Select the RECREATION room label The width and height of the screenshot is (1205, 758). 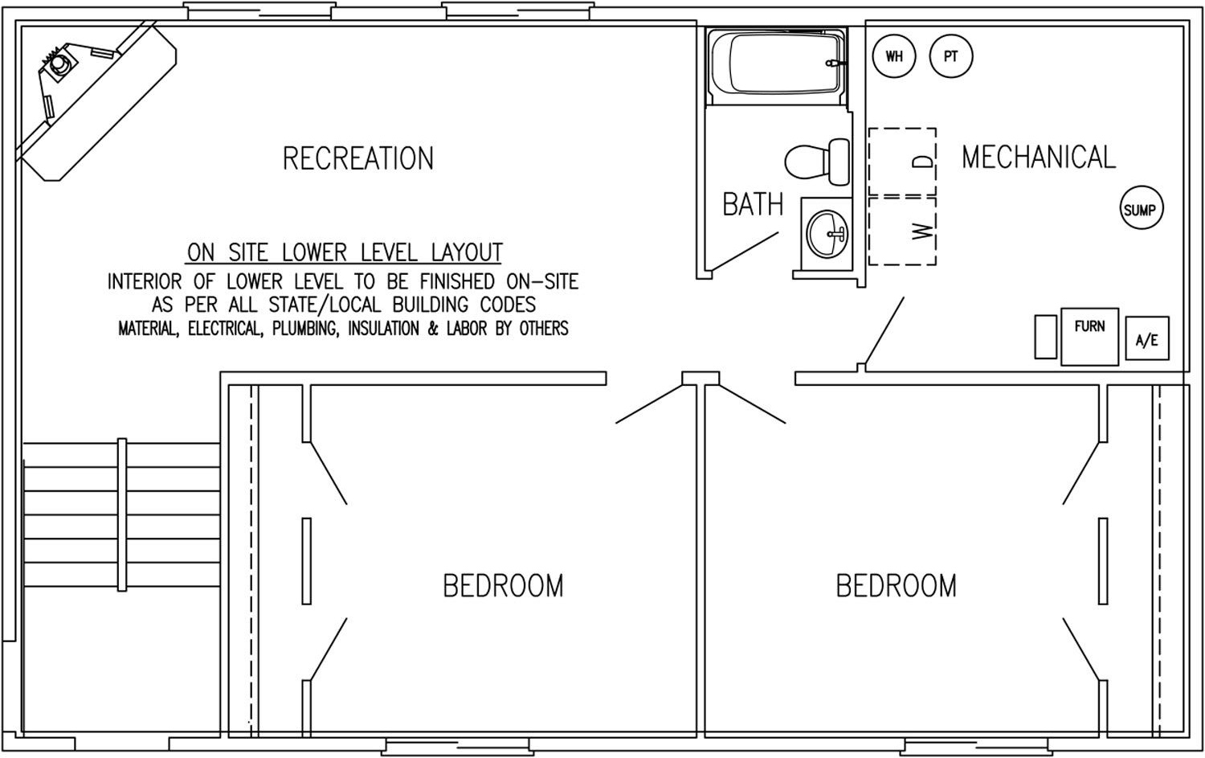(358, 159)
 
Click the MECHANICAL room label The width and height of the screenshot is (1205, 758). (1039, 158)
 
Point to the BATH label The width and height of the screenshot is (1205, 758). (753, 205)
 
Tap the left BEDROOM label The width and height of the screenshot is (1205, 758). (503, 586)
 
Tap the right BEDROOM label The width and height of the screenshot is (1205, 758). (897, 586)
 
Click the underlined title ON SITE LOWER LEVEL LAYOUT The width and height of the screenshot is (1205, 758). (345, 252)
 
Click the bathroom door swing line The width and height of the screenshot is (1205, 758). (745, 252)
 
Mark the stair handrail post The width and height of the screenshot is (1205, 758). (122, 514)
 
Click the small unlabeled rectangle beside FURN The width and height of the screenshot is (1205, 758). (1046, 337)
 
